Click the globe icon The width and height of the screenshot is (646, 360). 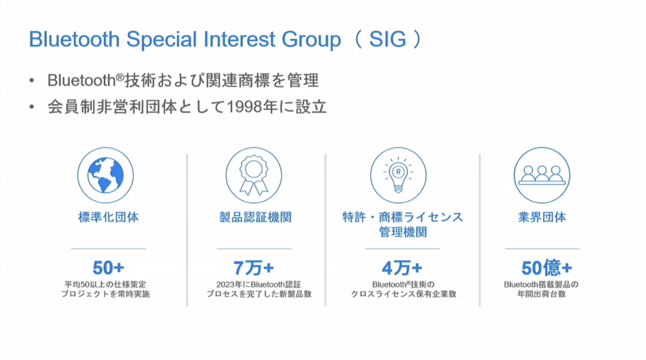(x=106, y=175)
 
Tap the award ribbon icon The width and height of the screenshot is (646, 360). (x=254, y=175)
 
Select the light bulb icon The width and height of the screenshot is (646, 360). (x=398, y=175)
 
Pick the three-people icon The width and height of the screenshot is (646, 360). (x=542, y=175)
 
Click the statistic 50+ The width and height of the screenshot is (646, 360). (x=108, y=268)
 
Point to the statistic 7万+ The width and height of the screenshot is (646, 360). (x=254, y=268)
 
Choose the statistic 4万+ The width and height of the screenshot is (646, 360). (x=402, y=268)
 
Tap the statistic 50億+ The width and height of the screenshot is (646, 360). (x=546, y=268)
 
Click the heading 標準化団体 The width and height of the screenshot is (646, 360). (x=108, y=217)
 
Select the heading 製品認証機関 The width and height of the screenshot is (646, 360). (x=255, y=217)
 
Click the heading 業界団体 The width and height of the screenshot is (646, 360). (x=542, y=217)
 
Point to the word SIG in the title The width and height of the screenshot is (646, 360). (x=388, y=39)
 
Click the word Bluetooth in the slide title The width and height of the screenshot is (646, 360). (x=74, y=39)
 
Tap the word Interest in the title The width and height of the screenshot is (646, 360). (x=240, y=39)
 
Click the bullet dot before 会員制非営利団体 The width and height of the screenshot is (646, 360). (x=32, y=107)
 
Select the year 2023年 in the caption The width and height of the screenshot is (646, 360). (x=229, y=285)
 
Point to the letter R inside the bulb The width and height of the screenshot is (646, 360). (x=398, y=172)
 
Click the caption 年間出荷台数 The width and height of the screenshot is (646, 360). (x=542, y=294)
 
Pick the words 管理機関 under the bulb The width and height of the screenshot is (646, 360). (x=403, y=232)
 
